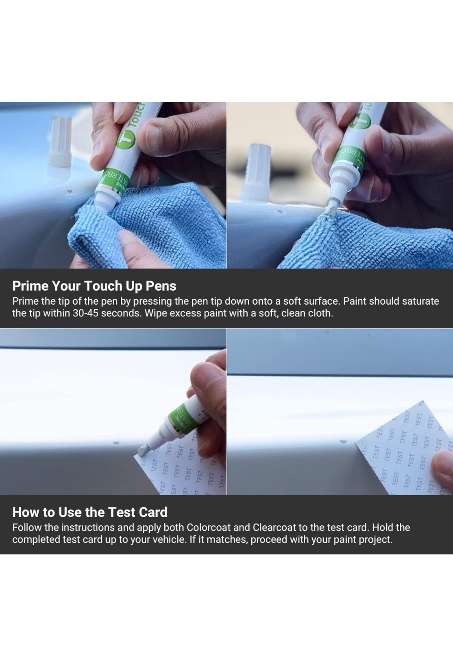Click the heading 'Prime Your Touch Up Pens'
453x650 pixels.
pos(94,286)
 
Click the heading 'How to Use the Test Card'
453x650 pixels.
pos(89,512)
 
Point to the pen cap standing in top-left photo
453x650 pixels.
pos(61,142)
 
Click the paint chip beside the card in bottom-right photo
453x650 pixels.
pos(342,441)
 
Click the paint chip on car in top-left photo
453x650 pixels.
pos(69,191)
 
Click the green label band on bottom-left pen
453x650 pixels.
pos(183,416)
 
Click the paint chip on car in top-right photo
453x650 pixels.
pos(280,211)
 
